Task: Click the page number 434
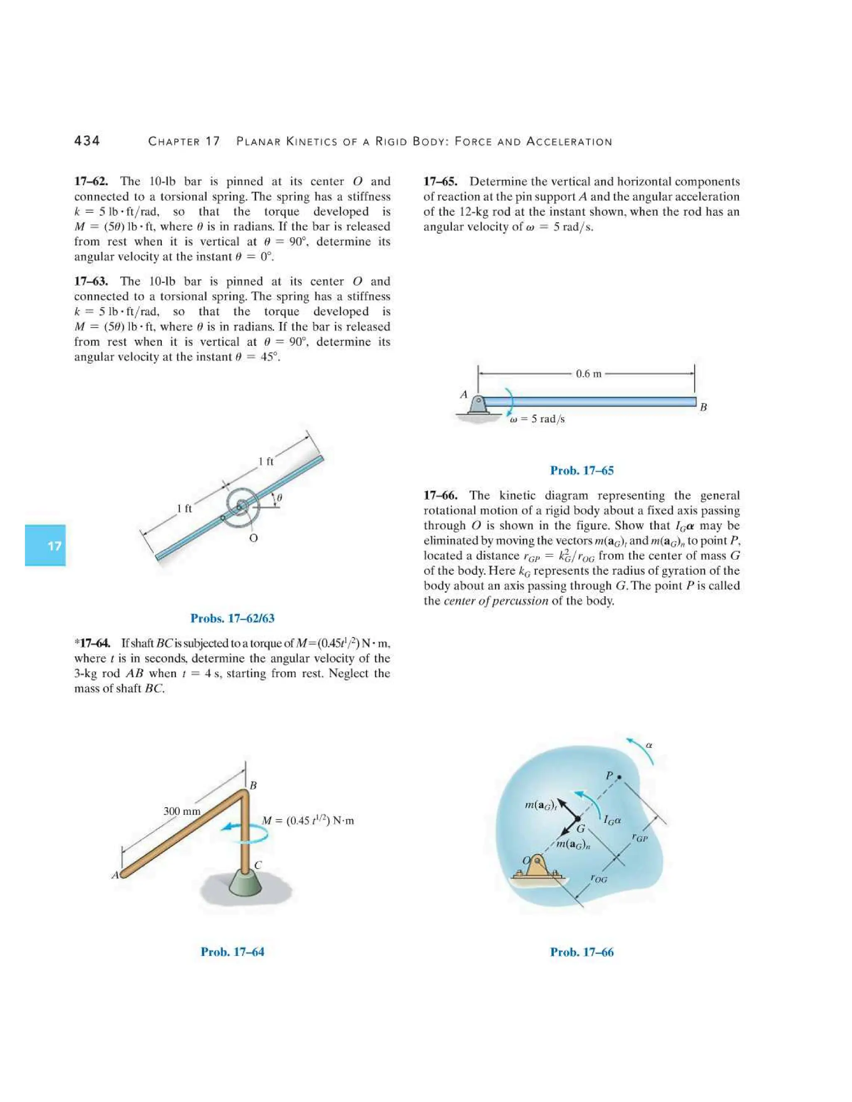[87, 141]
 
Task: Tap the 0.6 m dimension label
[589, 374]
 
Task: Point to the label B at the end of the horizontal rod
[703, 407]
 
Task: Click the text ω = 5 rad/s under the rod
[537, 419]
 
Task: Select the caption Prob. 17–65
[582, 470]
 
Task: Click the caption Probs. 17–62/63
[232, 618]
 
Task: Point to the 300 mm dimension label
[182, 811]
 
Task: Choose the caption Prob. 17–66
[582, 952]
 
